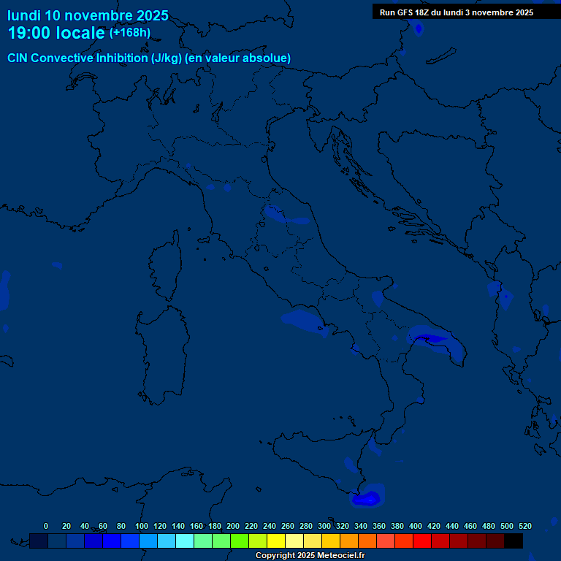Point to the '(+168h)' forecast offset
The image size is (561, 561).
click(x=129, y=33)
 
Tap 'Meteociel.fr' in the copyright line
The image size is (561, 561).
click(x=340, y=556)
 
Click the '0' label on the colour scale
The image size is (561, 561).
click(x=46, y=526)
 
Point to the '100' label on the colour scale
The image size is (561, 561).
click(x=142, y=526)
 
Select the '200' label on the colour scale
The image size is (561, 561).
click(x=233, y=526)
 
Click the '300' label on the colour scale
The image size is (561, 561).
click(x=324, y=526)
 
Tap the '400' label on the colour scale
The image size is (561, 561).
click(x=416, y=526)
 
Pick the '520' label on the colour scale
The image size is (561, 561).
click(x=525, y=526)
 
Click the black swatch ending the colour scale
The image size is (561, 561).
click(x=514, y=541)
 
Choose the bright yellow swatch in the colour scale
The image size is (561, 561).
click(x=276, y=541)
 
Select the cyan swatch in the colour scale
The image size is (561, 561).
click(x=185, y=541)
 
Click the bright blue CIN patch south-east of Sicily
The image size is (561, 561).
click(x=367, y=499)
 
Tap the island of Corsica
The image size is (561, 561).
click(x=167, y=267)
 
